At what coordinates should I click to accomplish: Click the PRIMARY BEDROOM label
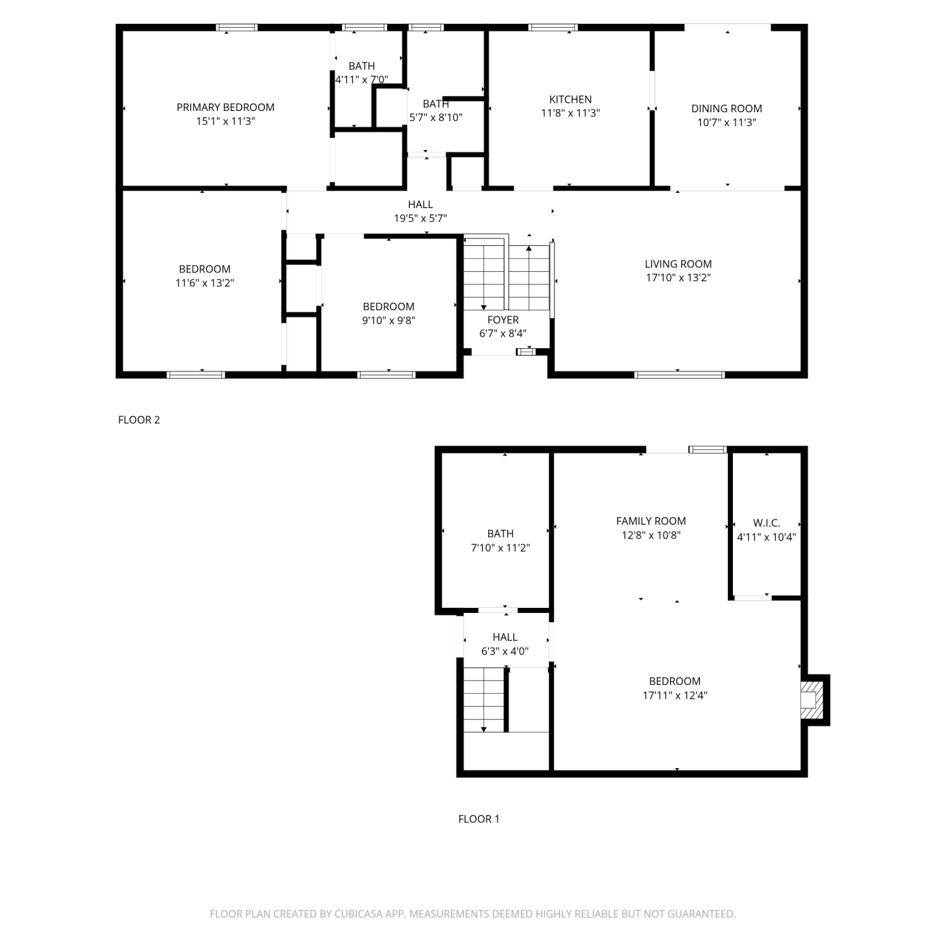[225, 107]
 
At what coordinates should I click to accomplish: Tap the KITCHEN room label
[570, 99]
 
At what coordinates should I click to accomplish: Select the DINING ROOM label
[727, 108]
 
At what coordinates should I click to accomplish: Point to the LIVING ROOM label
[678, 264]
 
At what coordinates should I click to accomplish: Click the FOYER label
[503, 320]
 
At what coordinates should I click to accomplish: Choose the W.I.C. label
[766, 523]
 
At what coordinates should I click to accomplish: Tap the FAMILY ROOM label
[651, 521]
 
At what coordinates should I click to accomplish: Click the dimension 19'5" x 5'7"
[420, 218]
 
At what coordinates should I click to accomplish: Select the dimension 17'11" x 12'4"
[674, 695]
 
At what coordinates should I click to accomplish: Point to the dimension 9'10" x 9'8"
[388, 320]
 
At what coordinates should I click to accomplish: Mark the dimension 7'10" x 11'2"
[500, 547]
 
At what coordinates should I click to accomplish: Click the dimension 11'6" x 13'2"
[204, 283]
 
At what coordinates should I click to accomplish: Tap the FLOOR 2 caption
[139, 419]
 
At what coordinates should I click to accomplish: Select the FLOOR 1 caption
[479, 819]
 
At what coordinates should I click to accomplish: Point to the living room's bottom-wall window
[679, 375]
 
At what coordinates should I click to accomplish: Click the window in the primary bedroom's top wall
[237, 27]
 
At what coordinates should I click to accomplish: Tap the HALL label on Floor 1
[505, 637]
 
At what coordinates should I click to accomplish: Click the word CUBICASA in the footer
[358, 913]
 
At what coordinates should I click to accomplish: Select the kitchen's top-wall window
[553, 27]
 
